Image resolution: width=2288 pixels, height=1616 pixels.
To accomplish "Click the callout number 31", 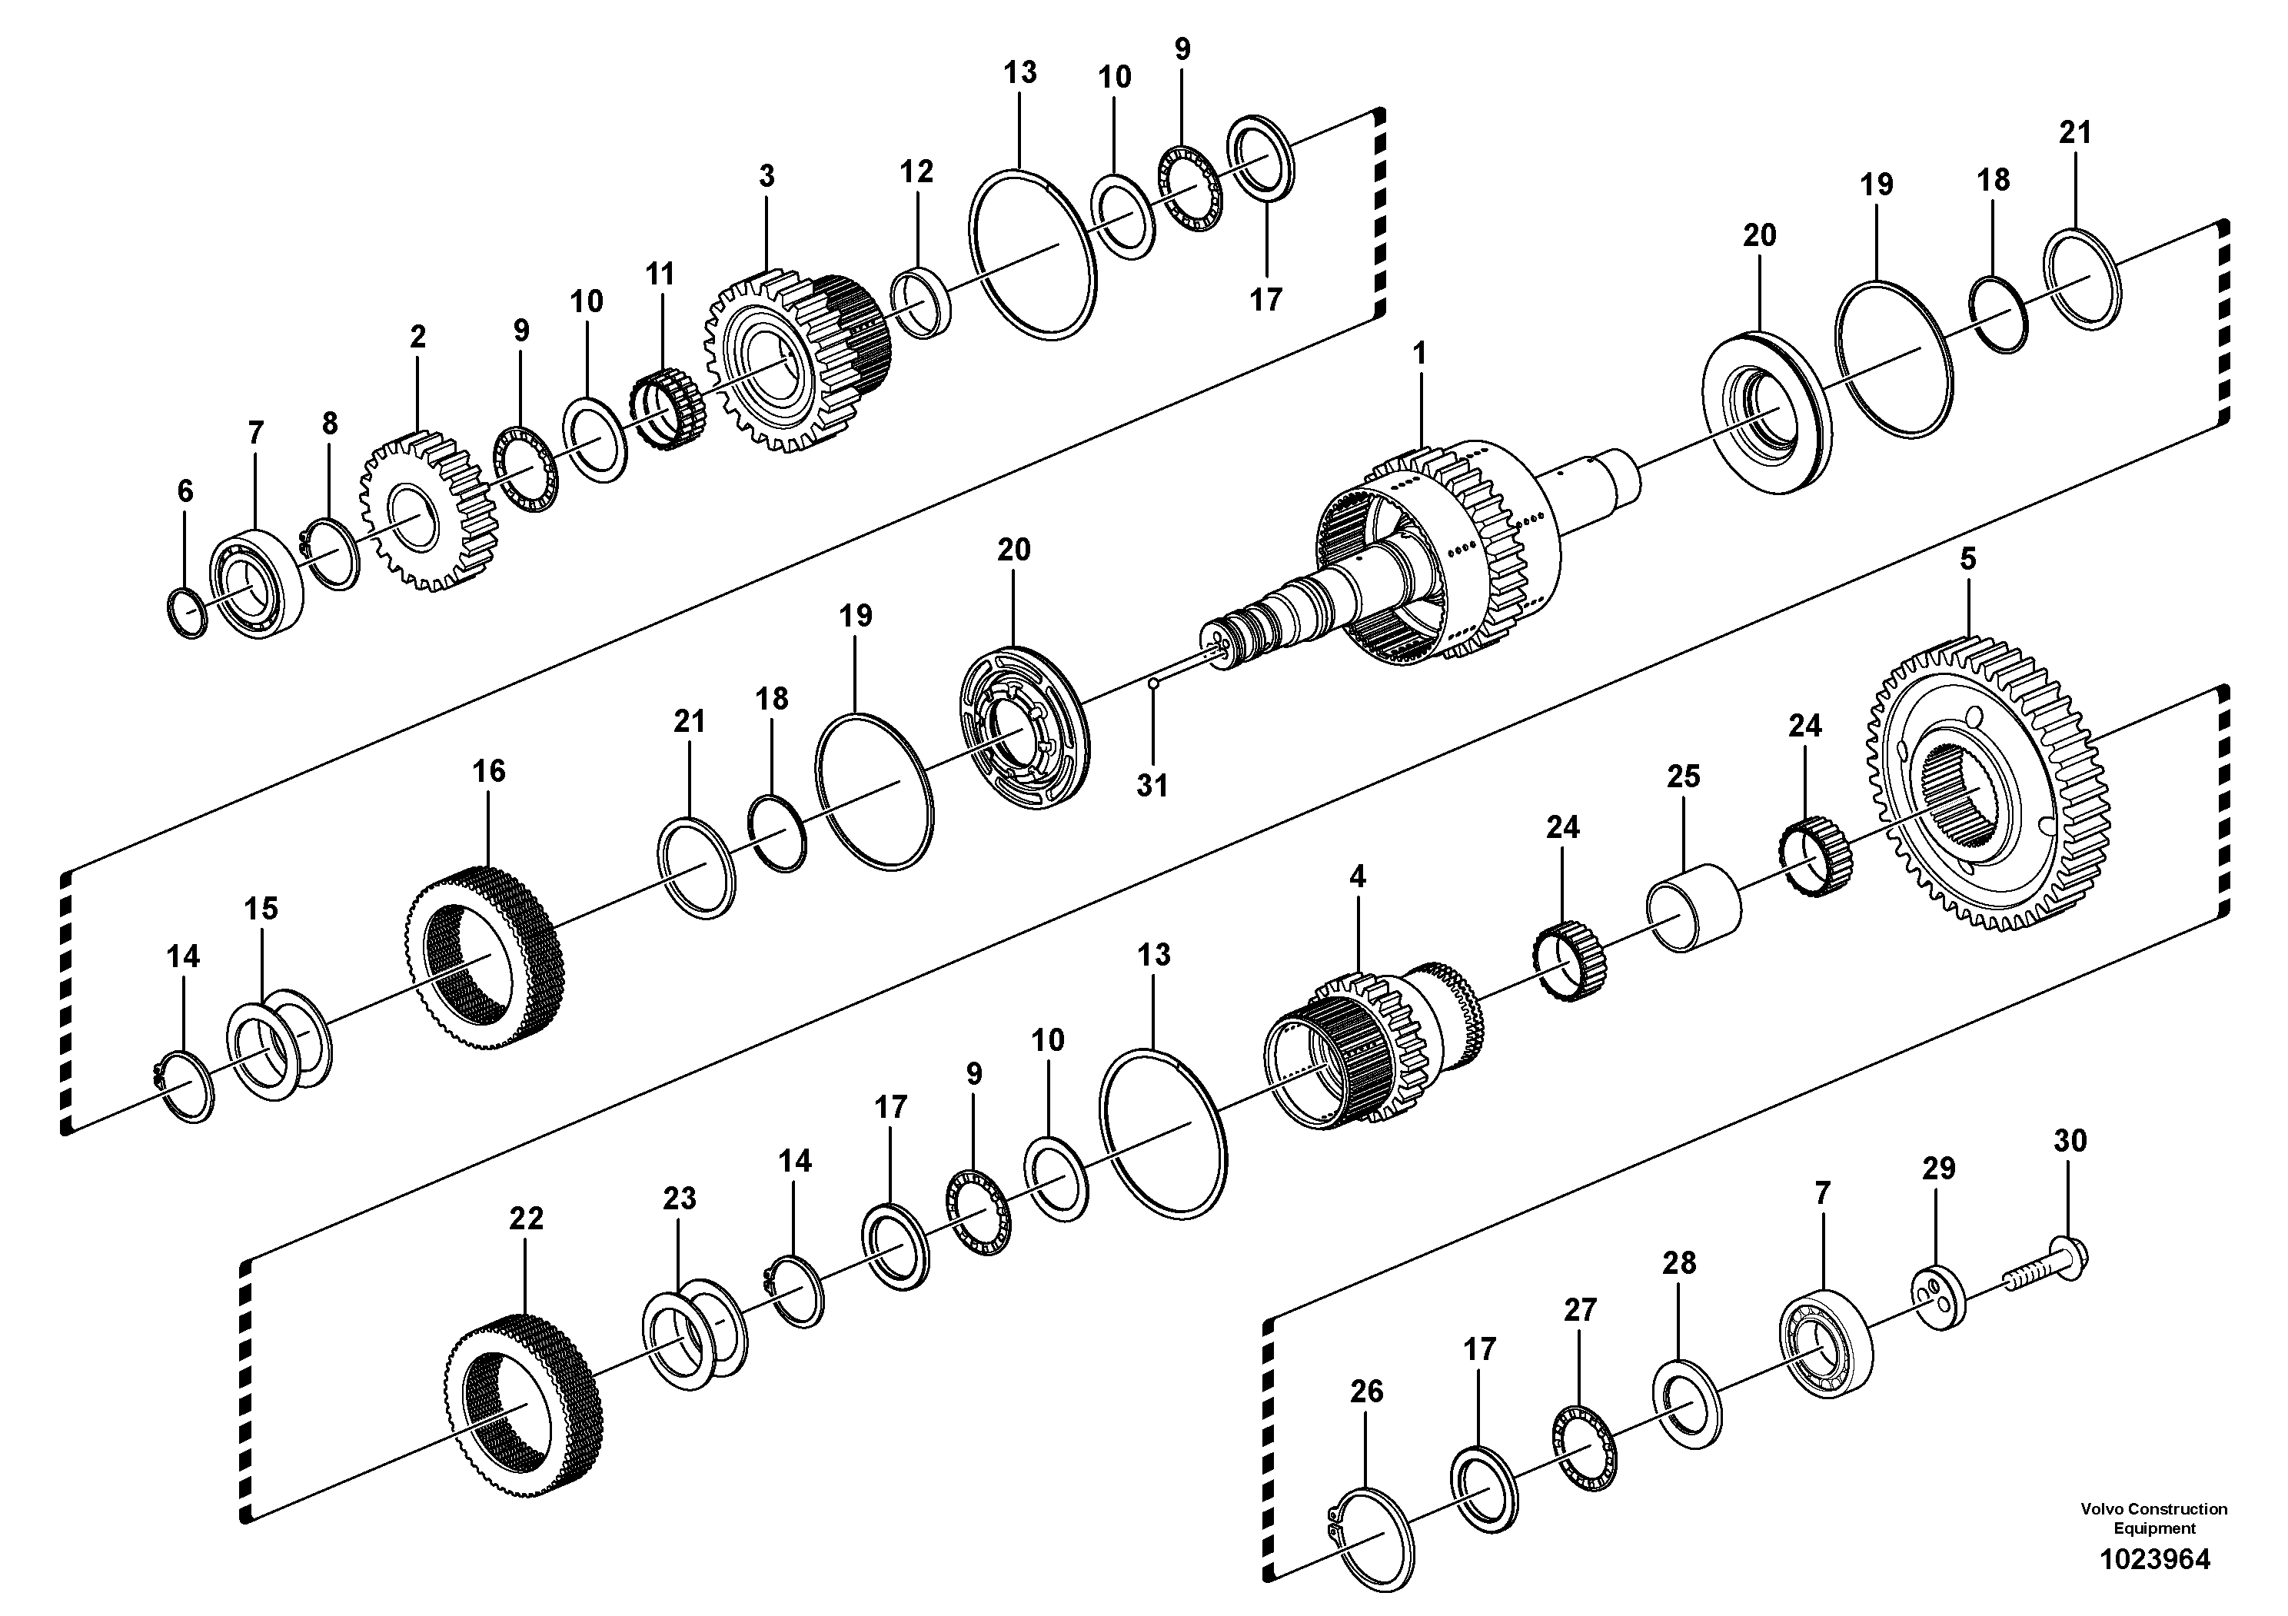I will (x=1152, y=785).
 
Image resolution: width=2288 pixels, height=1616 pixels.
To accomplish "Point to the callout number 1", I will (x=1419, y=354).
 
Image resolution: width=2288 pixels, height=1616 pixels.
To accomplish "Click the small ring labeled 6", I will (x=185, y=613).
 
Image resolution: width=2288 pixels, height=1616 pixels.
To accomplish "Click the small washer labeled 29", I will (x=1938, y=1295).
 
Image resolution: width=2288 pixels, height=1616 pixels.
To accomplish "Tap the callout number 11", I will (x=660, y=274).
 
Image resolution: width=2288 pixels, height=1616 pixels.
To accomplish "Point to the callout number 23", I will (x=679, y=1199).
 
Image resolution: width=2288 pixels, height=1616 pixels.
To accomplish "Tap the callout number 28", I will (x=1679, y=1263).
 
